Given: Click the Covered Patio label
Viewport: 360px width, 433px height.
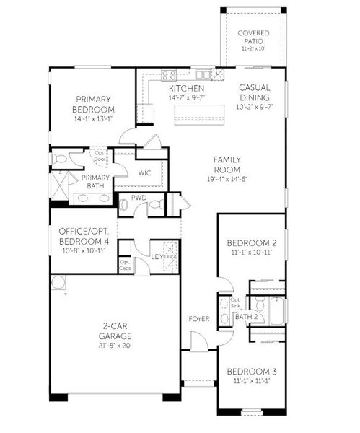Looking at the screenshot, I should (253, 36).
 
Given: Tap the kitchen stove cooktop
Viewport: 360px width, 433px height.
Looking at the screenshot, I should (170, 74).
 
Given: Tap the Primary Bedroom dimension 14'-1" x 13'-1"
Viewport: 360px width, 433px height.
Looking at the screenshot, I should (94, 119).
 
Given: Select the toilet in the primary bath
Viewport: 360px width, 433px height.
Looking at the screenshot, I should (58, 157).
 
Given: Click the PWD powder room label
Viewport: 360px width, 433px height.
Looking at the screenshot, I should (139, 197).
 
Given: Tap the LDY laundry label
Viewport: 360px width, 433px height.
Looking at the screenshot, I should (157, 256).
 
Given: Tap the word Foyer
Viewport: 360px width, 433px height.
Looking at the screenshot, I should (199, 318).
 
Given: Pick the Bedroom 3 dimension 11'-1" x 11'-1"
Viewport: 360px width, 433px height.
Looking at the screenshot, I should (253, 382).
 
